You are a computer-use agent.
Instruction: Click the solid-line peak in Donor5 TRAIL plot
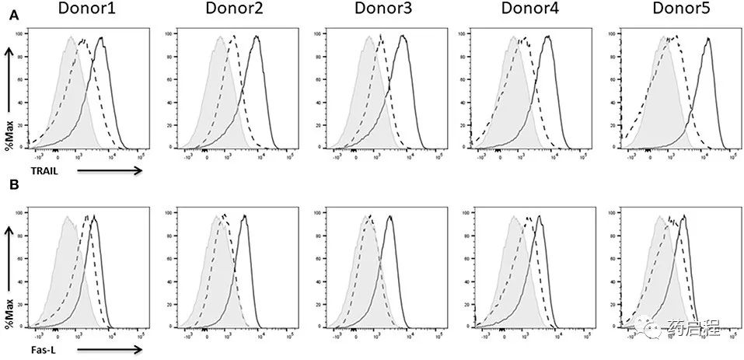pyautogui.click(x=707, y=39)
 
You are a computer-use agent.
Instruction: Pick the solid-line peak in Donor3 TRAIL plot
pyautogui.click(x=402, y=37)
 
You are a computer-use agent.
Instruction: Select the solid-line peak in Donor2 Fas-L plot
pyautogui.click(x=244, y=217)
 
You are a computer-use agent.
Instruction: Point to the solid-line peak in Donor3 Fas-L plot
pyautogui.click(x=389, y=217)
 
